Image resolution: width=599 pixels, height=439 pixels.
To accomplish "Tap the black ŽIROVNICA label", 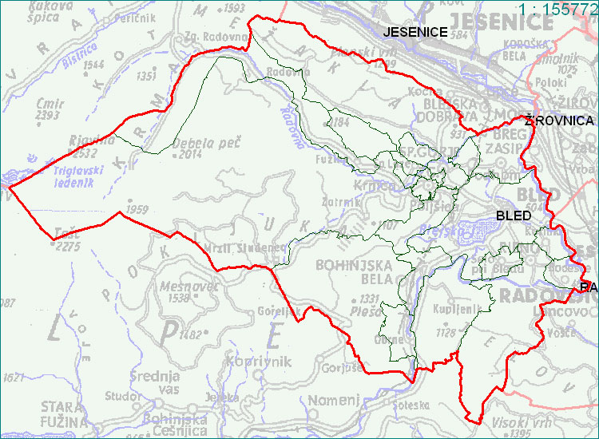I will coord(559,121).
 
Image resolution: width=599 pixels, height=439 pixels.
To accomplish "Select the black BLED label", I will coord(514,216).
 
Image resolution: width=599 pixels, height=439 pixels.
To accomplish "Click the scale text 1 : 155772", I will coord(557,9).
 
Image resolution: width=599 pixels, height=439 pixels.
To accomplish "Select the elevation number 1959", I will coord(137,210).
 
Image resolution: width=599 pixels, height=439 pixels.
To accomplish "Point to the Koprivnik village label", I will coord(260,362).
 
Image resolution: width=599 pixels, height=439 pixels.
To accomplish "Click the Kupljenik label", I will coord(457,308).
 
